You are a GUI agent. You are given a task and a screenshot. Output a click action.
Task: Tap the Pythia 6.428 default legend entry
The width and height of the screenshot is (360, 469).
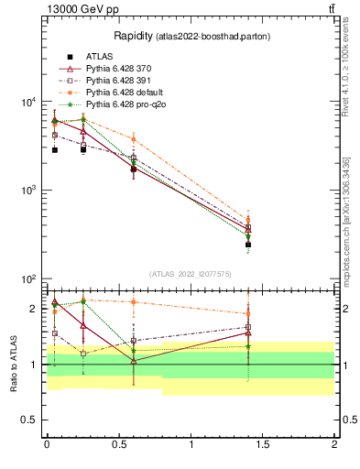pyautogui.click(x=125, y=93)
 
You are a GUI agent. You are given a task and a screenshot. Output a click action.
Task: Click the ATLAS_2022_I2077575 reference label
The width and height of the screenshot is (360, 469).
pyautogui.click(x=191, y=273)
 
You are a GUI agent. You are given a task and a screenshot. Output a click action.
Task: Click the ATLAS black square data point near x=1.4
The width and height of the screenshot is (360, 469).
pyautogui.click(x=248, y=245)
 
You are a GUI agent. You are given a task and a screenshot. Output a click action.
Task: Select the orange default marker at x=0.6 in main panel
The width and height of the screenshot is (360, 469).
pyautogui.click(x=134, y=139)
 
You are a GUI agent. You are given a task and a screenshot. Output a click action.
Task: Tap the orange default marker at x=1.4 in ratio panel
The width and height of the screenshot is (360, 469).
pyautogui.click(x=248, y=313)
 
